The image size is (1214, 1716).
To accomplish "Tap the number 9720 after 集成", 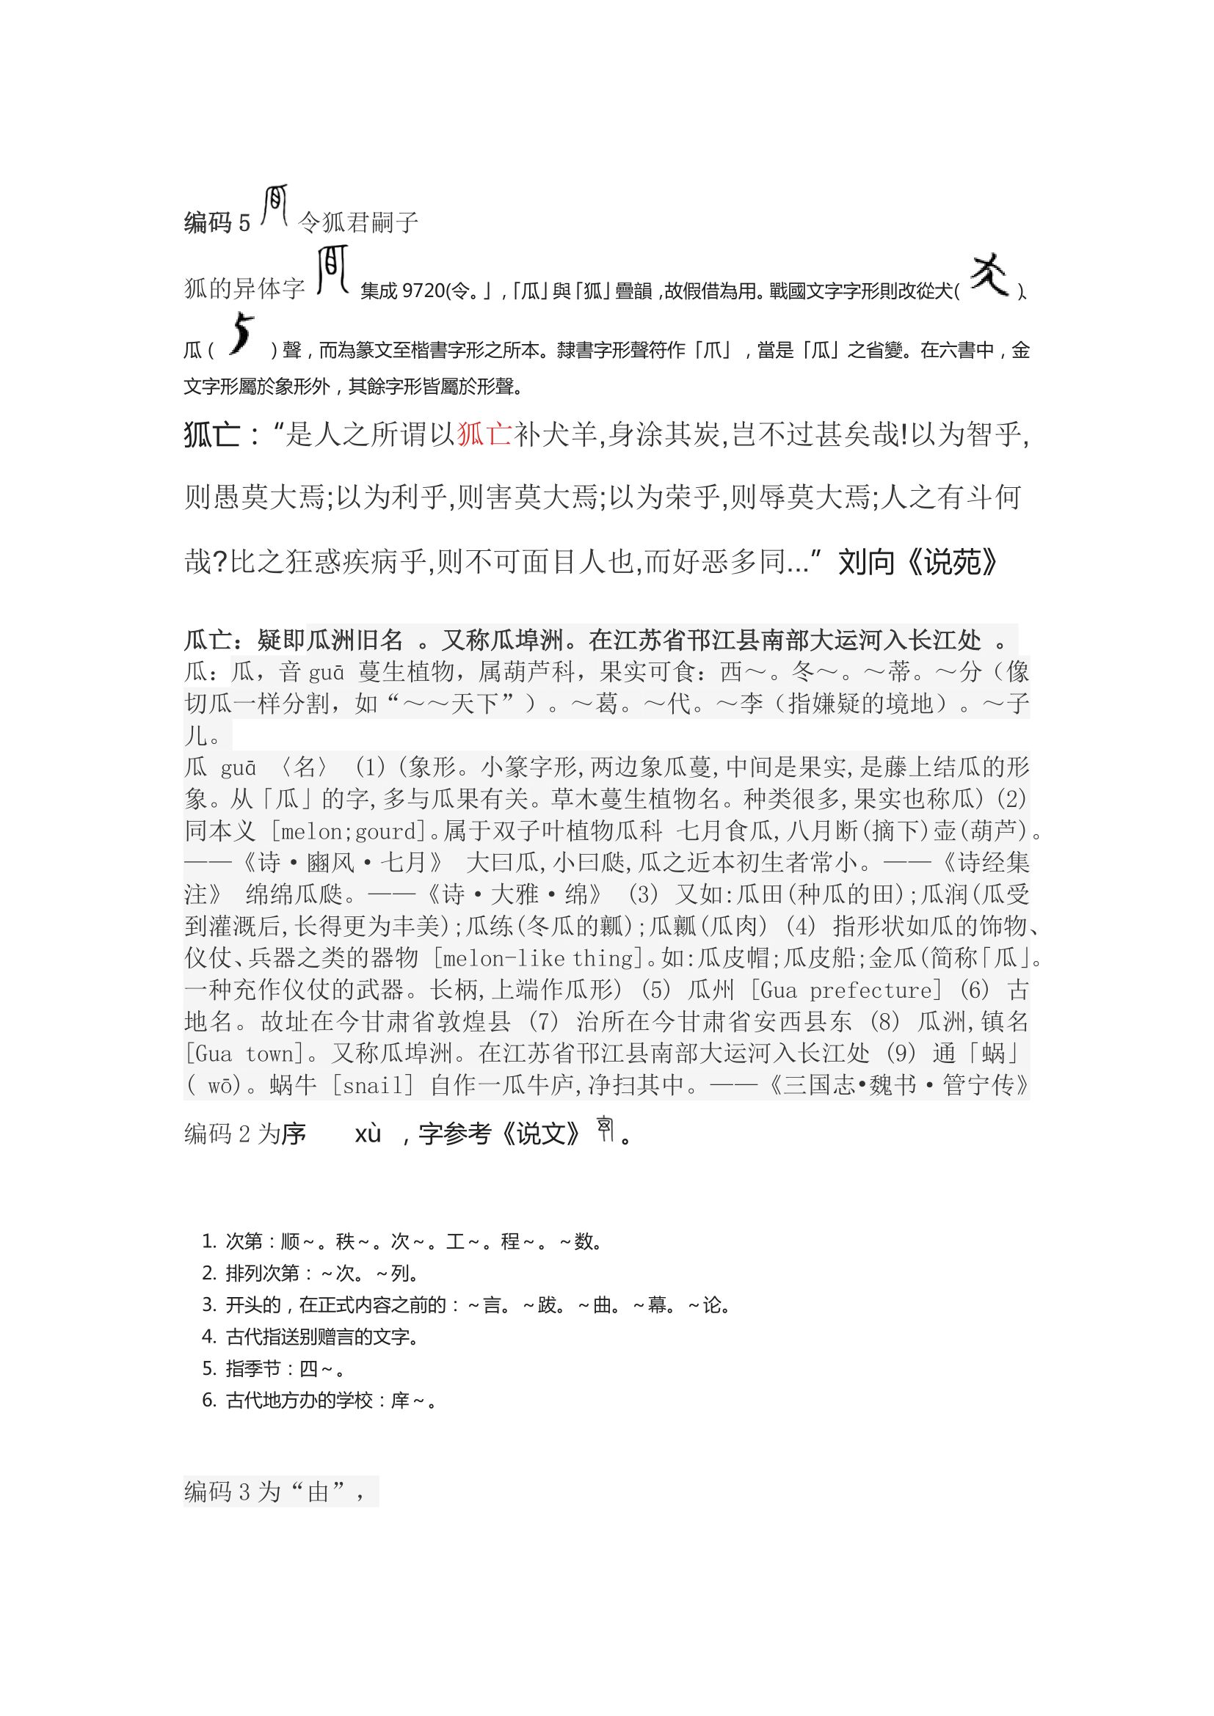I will [423, 291].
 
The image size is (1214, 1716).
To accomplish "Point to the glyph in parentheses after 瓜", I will [241, 334].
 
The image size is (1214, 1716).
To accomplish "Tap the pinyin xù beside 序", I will [368, 1134].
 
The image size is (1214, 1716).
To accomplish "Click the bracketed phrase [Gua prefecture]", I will [846, 990].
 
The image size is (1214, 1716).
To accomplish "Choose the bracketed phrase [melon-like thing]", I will [537, 958].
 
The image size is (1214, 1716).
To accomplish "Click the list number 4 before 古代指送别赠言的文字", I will [208, 1336].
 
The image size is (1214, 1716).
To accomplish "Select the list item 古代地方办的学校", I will [317, 1400].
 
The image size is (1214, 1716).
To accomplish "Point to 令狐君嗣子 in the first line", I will [358, 222].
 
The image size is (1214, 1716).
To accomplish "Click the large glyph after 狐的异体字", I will [332, 271].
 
